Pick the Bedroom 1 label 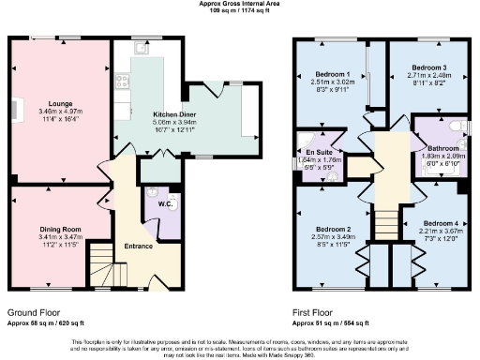[x=332, y=74]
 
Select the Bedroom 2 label [x=333, y=229]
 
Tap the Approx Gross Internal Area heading [x=240, y=4]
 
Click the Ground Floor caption [x=37, y=311]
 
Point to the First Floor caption [x=322, y=311]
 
